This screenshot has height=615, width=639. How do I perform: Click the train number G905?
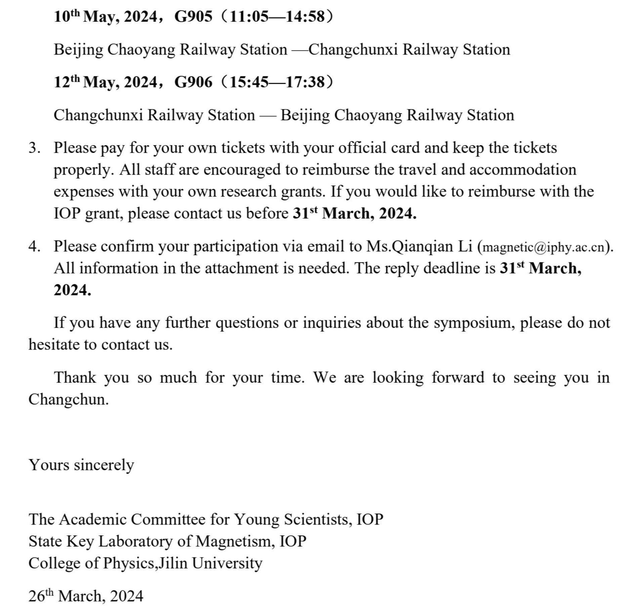(193, 16)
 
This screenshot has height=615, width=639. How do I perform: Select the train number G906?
(193, 82)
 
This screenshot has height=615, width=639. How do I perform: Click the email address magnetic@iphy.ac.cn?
(543, 247)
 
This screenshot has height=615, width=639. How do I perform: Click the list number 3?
(34, 148)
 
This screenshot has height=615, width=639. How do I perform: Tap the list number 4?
(34, 247)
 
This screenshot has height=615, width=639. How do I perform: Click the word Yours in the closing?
(49, 465)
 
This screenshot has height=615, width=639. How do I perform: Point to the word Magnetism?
(235, 541)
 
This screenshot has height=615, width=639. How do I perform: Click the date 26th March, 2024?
(86, 596)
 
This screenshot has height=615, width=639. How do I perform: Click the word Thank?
(75, 378)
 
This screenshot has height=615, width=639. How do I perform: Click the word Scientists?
(318, 519)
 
